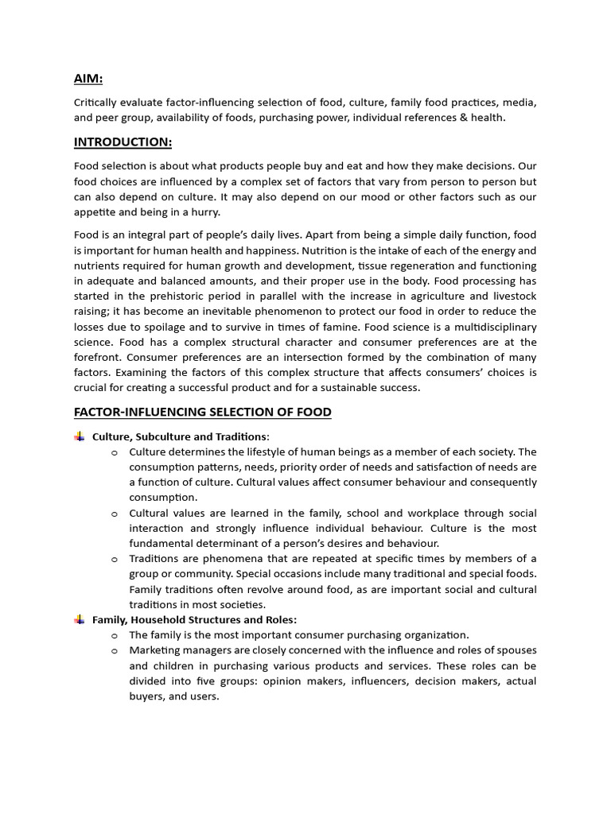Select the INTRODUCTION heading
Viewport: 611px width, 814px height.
(123, 142)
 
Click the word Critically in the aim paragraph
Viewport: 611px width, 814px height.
(99, 103)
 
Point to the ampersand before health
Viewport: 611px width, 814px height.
(469, 118)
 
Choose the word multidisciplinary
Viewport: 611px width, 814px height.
(492, 327)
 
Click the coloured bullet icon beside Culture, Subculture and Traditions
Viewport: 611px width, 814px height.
(80, 436)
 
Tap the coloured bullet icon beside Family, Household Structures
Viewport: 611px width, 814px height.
(80, 619)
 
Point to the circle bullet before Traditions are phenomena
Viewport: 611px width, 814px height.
(115, 559)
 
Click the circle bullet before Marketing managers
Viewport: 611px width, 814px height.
(115, 650)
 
